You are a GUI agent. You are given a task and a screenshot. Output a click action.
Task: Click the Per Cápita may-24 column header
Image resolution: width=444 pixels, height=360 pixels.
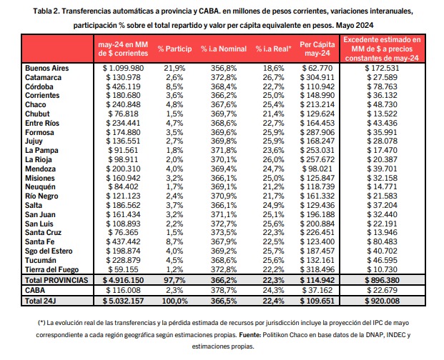(317, 49)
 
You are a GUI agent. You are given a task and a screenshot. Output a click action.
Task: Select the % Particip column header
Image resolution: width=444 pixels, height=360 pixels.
(174, 49)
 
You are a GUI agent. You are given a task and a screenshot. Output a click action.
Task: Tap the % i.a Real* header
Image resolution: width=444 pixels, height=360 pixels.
(273, 49)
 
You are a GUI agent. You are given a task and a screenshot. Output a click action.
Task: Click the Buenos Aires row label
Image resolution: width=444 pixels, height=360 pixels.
(47, 68)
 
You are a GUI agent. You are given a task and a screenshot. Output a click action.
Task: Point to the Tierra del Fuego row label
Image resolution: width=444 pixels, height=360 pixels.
(51, 269)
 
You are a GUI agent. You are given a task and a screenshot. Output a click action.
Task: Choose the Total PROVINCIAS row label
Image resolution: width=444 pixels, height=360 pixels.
(56, 280)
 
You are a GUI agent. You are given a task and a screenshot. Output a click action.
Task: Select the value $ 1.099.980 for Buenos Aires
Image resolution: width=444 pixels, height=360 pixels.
(123, 68)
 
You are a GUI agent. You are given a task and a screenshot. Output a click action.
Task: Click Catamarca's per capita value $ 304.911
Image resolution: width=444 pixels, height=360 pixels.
(317, 77)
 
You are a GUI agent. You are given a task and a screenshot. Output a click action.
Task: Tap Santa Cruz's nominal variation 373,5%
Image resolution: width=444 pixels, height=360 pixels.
(224, 232)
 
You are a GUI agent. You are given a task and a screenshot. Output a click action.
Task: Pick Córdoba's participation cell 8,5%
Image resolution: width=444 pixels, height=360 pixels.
(174, 86)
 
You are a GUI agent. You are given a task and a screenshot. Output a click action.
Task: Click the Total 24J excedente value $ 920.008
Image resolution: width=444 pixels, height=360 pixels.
(383, 301)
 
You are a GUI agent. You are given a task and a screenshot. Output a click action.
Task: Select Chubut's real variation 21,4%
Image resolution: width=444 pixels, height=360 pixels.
(273, 114)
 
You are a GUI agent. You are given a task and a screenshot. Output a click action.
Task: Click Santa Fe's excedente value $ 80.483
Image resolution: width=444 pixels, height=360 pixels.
(383, 242)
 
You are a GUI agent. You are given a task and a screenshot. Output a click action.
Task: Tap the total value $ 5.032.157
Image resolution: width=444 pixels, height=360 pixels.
(123, 301)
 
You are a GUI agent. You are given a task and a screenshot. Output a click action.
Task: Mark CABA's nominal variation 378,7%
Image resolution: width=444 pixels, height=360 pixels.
(224, 291)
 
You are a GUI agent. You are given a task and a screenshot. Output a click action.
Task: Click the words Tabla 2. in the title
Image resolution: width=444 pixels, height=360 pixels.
(46, 11)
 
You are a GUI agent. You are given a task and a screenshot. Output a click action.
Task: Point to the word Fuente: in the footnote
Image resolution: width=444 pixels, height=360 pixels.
(250, 335)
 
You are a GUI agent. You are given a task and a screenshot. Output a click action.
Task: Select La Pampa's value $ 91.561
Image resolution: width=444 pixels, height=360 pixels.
(123, 151)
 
